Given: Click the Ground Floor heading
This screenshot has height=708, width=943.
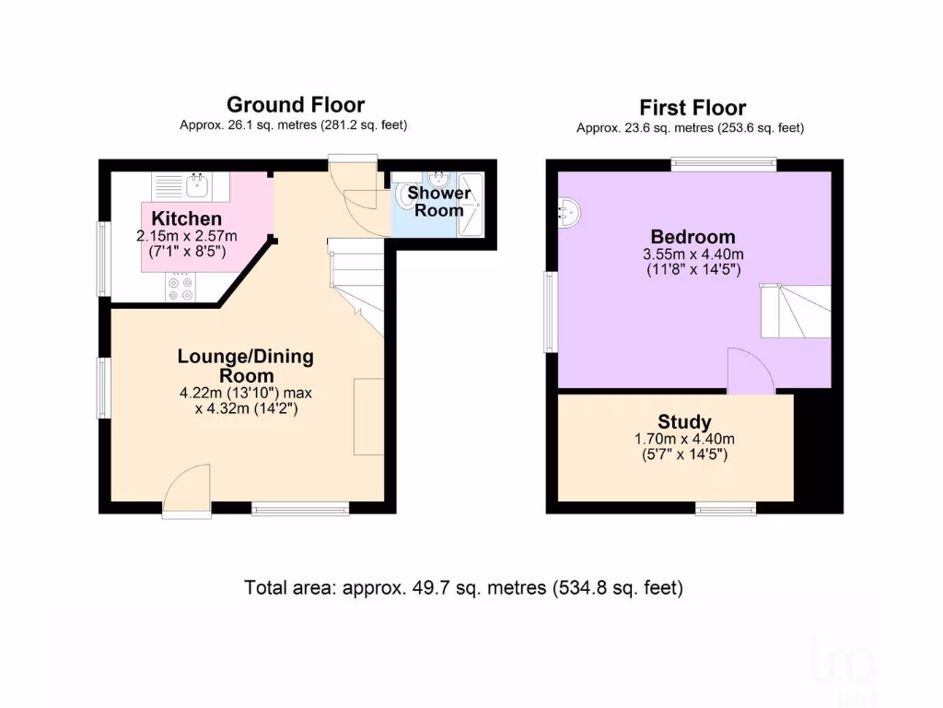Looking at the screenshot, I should (295, 105).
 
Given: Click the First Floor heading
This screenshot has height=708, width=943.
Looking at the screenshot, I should (693, 109).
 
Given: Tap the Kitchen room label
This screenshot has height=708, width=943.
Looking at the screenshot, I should (187, 218).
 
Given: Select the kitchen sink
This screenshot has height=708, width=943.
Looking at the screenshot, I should (196, 187).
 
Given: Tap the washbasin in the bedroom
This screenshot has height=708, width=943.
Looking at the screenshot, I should (569, 213).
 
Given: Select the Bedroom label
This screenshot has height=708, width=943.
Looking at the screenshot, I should (693, 236).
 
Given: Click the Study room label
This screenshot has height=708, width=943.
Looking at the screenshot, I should (684, 422).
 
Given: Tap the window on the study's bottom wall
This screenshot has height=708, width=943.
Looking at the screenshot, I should (726, 508).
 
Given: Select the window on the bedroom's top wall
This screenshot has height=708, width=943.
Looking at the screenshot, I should (723, 165).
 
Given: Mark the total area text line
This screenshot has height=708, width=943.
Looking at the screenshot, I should (463, 587).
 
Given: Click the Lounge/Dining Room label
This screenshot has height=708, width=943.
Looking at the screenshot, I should (246, 366).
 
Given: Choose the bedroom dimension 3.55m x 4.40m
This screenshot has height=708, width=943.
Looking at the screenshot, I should (693, 254).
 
